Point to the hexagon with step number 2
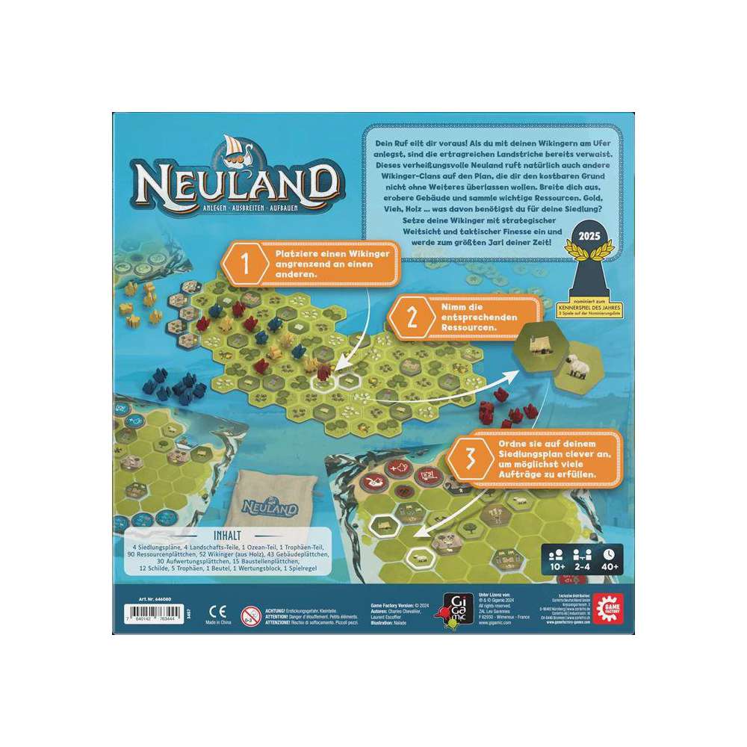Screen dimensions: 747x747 pos(409,320)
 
